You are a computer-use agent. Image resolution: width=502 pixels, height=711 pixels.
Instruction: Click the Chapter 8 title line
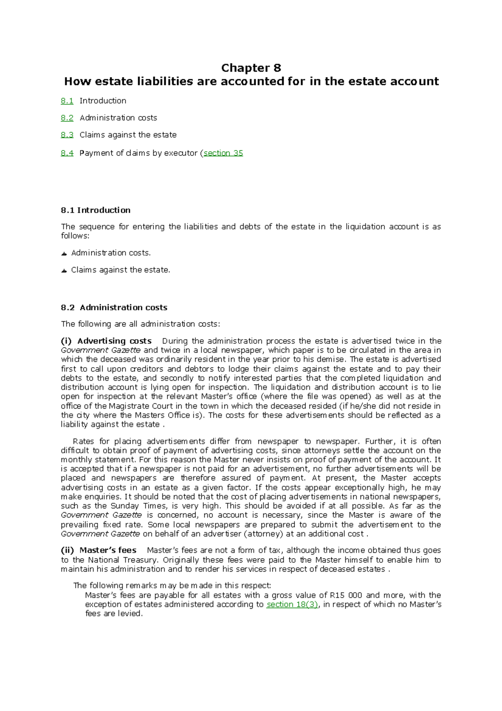[251, 68]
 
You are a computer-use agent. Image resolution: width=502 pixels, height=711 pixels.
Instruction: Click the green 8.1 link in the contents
[67, 101]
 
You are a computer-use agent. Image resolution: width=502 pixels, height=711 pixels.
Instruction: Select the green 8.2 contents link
[67, 118]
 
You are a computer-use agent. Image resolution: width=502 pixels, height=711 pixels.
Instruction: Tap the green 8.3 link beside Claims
[67, 135]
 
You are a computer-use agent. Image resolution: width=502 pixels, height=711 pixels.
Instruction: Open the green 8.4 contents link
[67, 153]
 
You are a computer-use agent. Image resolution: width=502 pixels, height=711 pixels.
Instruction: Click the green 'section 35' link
[223, 153]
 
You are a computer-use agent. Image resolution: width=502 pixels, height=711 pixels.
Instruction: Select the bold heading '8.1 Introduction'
[95, 210]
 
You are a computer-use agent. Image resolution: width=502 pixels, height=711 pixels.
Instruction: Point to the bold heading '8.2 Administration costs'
[114, 307]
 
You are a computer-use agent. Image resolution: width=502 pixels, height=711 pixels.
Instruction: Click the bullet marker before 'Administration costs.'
[64, 253]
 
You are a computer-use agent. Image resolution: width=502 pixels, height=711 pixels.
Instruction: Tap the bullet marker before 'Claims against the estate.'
[64, 270]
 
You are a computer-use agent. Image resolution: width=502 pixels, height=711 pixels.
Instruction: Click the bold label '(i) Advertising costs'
[106, 341]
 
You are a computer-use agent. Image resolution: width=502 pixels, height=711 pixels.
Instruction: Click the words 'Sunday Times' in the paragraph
[138, 506]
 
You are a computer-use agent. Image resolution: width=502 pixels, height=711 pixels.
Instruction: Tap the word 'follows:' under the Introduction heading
[75, 236]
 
